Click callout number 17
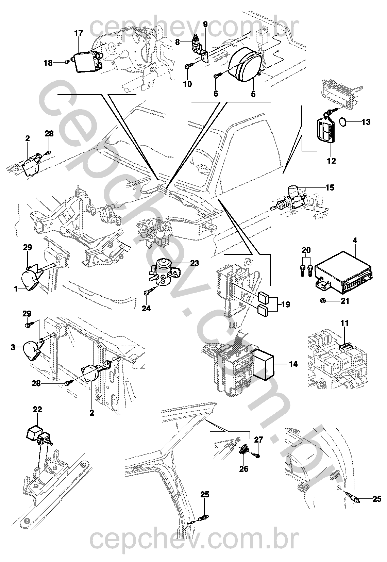tap(79, 33)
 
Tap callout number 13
tap(366, 121)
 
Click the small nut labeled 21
tap(323, 300)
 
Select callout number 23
tap(195, 263)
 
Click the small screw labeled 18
tap(68, 62)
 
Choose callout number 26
tap(243, 469)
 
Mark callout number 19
tap(286, 304)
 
